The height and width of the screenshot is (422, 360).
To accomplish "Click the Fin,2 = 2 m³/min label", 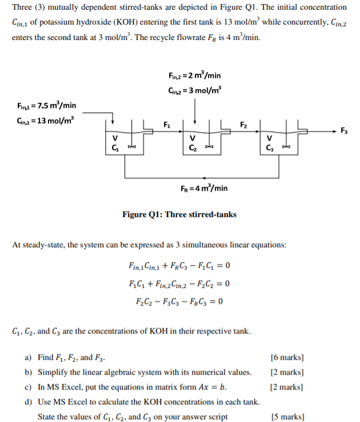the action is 195,77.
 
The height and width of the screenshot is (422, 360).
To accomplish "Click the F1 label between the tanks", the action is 166,124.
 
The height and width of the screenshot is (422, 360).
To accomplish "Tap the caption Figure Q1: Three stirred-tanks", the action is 179,215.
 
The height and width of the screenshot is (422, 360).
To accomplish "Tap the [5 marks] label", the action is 287,416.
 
